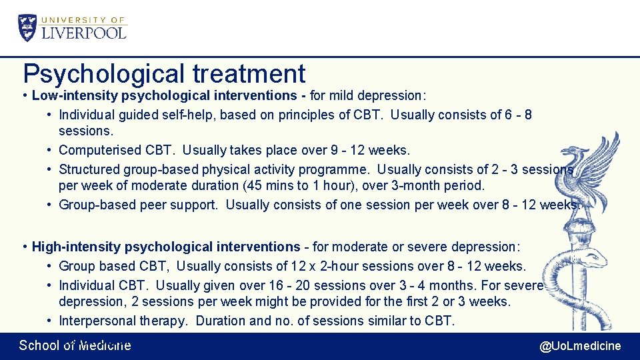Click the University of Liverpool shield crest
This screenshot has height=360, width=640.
tap(28, 27)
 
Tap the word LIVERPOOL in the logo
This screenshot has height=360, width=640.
tap(84, 32)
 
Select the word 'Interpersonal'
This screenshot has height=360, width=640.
tap(97, 321)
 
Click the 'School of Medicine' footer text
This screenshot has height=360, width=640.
tap(75, 345)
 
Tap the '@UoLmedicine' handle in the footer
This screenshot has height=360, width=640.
tap(580, 345)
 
